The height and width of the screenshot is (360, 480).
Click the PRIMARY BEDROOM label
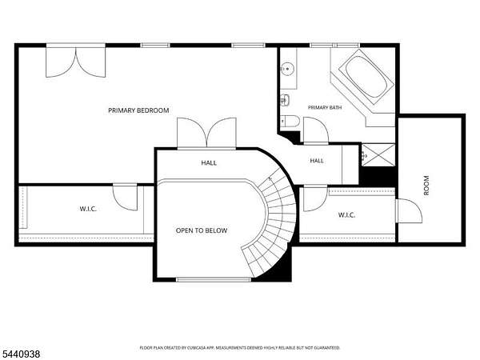[x=138, y=110]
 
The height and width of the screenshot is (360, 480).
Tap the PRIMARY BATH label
[x=325, y=107]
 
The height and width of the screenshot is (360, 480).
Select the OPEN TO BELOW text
[x=202, y=230]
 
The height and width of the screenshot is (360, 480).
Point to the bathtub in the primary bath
[x=366, y=78]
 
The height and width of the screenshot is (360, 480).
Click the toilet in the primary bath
[x=290, y=120]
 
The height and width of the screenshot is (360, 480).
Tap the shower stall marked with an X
[x=378, y=155]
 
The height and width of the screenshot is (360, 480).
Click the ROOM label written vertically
[x=426, y=186]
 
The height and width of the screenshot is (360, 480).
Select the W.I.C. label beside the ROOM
[x=346, y=215]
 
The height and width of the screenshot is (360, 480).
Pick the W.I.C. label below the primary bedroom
[x=88, y=209]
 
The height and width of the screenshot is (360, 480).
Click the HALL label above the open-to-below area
[x=209, y=163]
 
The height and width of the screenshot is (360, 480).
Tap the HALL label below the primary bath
[x=317, y=161]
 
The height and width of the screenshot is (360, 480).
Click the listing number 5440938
[x=20, y=354]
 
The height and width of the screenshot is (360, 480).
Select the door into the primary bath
[x=316, y=130]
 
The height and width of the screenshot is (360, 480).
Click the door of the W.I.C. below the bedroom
[x=125, y=197]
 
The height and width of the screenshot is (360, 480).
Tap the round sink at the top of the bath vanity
[x=287, y=69]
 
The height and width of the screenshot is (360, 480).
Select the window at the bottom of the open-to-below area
[x=214, y=279]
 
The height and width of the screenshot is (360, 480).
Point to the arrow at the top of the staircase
[x=270, y=178]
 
